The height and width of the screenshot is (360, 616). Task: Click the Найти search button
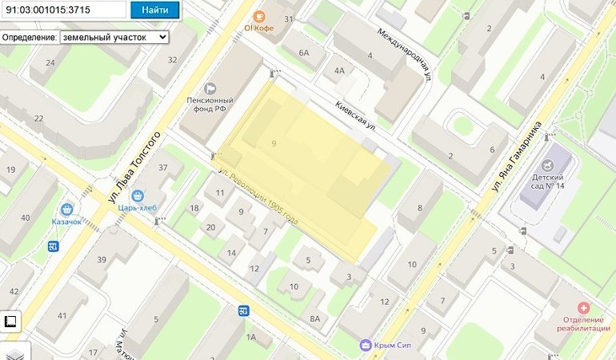(154, 10)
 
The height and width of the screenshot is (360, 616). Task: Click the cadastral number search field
(63, 10)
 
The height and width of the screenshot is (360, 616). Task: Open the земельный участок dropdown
(114, 37)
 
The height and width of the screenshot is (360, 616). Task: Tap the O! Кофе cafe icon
(259, 16)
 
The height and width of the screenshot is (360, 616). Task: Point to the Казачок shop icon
(68, 209)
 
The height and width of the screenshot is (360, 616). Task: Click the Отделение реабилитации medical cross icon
(583, 308)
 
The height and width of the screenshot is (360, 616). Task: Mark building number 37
(164, 167)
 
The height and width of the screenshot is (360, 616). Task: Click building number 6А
(303, 53)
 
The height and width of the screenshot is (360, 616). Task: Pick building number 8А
(314, 319)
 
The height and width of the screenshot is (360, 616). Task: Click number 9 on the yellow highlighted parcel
(274, 143)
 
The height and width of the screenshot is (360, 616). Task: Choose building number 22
(38, 118)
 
